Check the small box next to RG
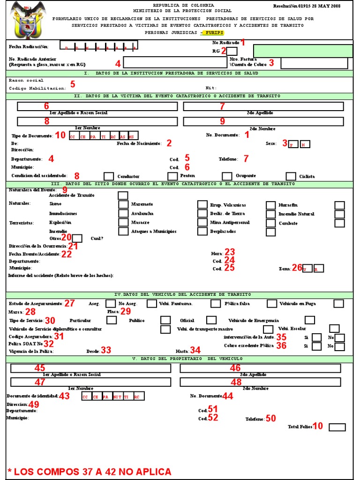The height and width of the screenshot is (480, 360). click(x=232, y=51)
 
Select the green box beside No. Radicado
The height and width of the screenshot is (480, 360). click(x=303, y=51)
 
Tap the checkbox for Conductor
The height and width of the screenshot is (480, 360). click(x=109, y=176)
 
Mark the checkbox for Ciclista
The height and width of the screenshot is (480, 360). click(x=291, y=176)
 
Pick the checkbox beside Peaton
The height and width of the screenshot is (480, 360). click(x=172, y=176)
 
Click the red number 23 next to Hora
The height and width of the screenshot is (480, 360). click(x=230, y=252)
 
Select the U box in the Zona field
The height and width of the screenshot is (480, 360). click(x=307, y=269)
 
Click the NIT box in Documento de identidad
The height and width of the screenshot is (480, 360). click(x=118, y=397)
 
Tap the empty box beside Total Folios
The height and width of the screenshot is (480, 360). click(x=337, y=427)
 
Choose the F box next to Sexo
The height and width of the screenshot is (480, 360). click(x=293, y=144)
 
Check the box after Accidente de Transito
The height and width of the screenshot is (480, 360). click(x=123, y=195)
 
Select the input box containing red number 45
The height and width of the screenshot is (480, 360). click(x=91, y=368)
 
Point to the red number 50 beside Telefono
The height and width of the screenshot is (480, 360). click(x=270, y=418)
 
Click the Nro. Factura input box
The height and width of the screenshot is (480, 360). click(x=314, y=63)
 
